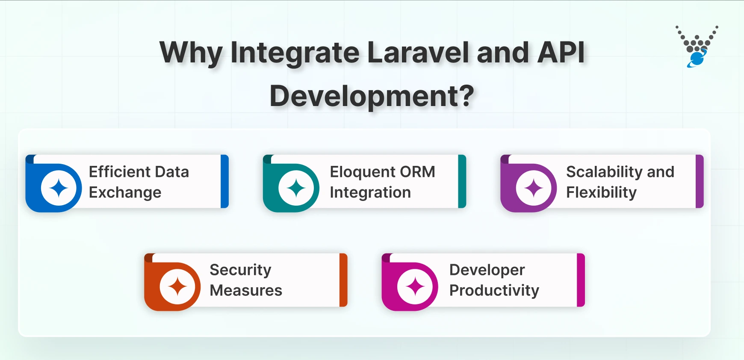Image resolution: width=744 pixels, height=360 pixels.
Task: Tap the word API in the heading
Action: point(561,53)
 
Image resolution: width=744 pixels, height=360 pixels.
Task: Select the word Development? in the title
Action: point(372,96)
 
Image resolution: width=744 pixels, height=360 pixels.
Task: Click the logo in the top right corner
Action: point(697,47)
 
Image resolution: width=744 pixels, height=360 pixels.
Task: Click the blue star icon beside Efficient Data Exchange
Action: point(59,188)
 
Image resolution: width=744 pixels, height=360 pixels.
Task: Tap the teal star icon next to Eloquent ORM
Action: point(296,188)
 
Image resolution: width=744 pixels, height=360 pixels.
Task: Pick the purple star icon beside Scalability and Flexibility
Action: point(534,188)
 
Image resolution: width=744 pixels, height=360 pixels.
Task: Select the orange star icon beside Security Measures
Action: point(177,286)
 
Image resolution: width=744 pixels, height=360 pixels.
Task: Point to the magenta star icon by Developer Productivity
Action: point(415,286)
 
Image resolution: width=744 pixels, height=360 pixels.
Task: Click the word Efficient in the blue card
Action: point(113,172)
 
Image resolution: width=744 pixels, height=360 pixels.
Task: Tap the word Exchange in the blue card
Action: point(125,193)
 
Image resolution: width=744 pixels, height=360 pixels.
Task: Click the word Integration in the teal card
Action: point(370,193)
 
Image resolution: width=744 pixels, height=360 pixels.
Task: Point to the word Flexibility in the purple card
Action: point(601,193)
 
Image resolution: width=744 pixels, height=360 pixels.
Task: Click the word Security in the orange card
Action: point(240,270)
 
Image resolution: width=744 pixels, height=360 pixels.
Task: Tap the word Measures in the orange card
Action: point(246,291)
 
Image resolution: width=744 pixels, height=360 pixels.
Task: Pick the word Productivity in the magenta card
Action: point(494,291)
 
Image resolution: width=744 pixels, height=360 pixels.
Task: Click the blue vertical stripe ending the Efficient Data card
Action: point(224,181)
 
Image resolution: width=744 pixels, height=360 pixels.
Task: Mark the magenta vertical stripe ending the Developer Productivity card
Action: point(581,280)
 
